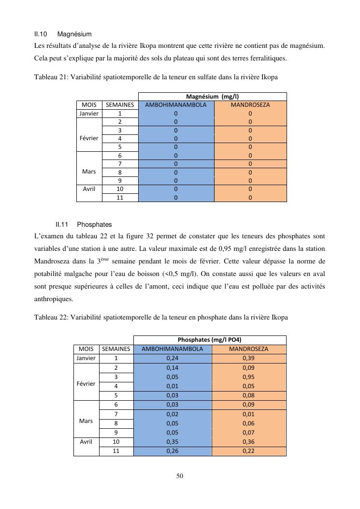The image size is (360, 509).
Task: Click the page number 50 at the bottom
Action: pos(180,476)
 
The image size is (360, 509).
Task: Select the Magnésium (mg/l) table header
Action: pos(213,97)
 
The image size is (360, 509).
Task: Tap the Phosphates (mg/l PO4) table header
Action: pos(210,340)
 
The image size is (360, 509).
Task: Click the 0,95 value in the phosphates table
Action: pos(248,377)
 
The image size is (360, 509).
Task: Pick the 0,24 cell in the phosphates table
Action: pos(173,358)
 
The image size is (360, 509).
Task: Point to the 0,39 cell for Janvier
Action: pos(248,358)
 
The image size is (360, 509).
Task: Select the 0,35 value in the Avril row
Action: pos(173,442)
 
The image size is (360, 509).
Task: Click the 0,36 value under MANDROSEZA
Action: pos(248,442)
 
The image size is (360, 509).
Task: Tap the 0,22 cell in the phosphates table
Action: pos(248,451)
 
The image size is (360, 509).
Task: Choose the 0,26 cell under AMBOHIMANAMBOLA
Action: pos(173,451)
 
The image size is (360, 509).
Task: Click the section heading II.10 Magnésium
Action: pos(63,34)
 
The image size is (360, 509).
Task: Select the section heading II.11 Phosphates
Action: pos(84,225)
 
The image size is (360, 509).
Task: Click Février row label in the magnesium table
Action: pos(89,138)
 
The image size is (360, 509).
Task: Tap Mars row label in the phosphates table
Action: pos(86,421)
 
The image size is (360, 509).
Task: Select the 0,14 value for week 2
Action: pos(173,368)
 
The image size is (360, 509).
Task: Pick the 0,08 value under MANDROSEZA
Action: pos(248,395)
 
